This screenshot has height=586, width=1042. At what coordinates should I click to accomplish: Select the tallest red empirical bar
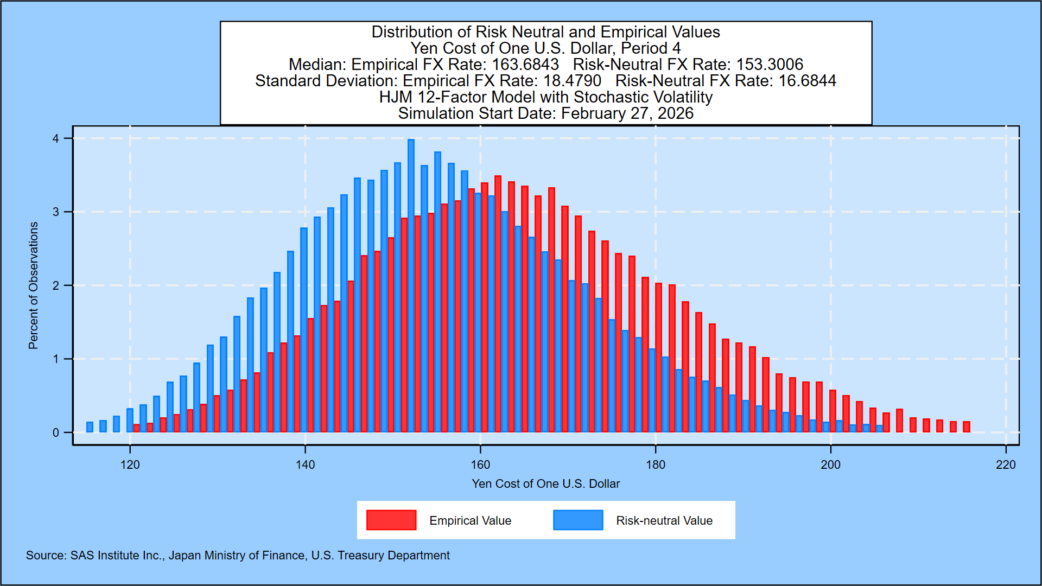point(498,304)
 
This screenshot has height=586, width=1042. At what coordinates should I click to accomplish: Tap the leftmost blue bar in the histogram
point(90,427)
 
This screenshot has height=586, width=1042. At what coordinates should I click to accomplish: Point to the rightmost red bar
point(966,426)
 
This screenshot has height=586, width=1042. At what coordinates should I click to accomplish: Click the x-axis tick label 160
point(480,465)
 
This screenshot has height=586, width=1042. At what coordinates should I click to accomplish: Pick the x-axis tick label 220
point(1006,465)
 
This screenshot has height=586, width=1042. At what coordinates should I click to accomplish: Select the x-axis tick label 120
point(130,465)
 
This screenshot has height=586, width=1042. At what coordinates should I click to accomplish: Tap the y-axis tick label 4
point(56,139)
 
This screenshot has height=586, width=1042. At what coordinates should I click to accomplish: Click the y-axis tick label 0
point(56,433)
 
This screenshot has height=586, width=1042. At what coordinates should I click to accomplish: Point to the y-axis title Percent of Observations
point(34,285)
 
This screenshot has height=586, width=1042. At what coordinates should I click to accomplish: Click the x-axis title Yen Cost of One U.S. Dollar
point(545,484)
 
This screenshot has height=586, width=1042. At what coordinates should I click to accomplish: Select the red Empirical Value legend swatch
point(391,520)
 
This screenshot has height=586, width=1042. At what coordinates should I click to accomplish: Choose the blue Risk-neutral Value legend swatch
point(578,520)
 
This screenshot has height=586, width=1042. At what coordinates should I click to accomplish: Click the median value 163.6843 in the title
point(525,65)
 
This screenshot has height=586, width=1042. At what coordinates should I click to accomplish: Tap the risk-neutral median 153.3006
point(770,65)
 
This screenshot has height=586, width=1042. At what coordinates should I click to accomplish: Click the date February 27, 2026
point(627,113)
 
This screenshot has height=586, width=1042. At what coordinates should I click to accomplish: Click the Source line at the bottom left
point(238,556)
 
